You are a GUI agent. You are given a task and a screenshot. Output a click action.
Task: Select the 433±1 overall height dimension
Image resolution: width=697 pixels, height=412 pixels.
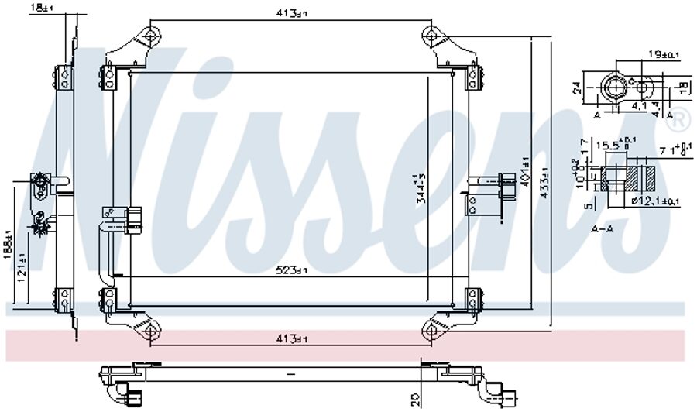click(x=544, y=183)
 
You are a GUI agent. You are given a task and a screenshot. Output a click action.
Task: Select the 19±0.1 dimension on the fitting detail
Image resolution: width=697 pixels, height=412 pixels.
click(x=663, y=55)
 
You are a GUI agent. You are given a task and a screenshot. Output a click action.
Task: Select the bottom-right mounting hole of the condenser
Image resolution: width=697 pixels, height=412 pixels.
click(x=431, y=331)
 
